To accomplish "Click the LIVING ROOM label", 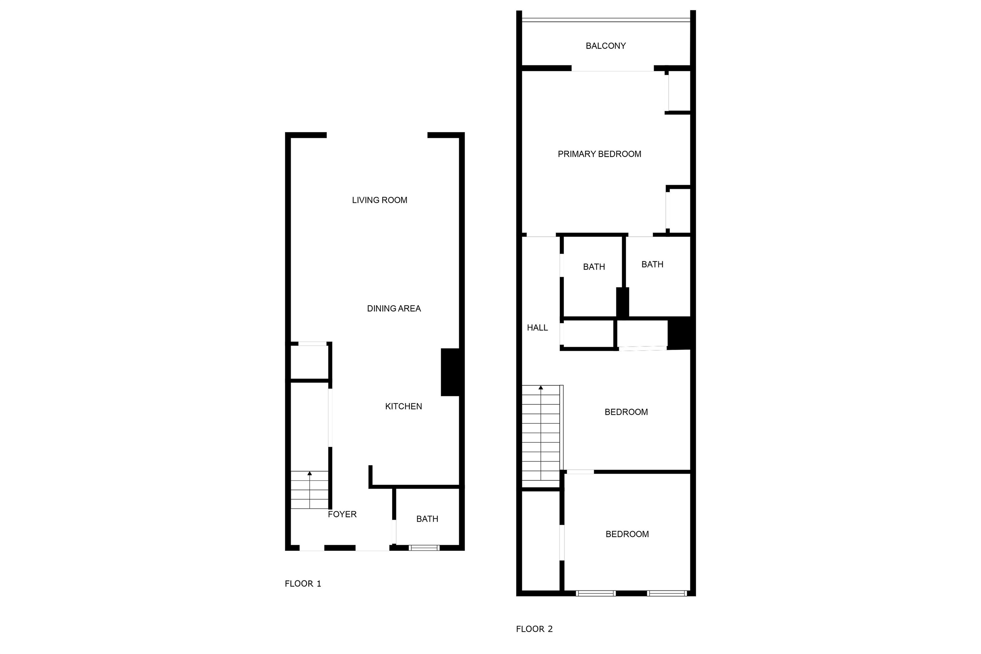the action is click(379, 200).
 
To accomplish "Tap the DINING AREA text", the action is click(393, 309).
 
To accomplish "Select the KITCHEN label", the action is click(403, 406).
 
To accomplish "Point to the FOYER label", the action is click(342, 514).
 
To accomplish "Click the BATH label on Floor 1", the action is click(427, 519).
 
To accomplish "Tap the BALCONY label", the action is click(606, 46).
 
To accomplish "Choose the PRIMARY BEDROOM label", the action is click(599, 154).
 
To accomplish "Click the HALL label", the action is click(537, 328).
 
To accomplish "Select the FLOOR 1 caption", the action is click(303, 584).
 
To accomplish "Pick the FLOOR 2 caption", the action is click(534, 629).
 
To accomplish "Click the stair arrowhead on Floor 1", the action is click(309, 473).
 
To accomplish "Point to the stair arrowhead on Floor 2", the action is click(541, 388).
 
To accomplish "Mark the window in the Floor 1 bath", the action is click(424, 548).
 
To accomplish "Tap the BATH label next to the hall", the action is click(594, 267).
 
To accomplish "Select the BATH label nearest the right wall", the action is click(652, 264).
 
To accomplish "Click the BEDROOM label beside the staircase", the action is click(626, 412).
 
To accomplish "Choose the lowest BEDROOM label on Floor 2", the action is click(627, 534).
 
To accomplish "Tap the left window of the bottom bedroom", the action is click(596, 593).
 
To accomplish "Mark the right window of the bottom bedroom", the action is click(667, 593).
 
